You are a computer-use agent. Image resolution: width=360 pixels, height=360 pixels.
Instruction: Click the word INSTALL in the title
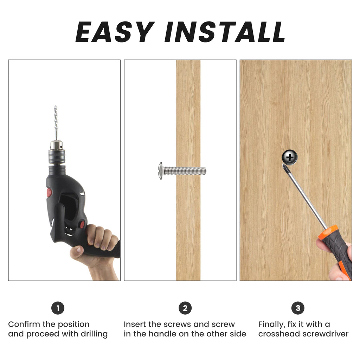[225, 32]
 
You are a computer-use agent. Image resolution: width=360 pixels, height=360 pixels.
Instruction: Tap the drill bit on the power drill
[55, 123]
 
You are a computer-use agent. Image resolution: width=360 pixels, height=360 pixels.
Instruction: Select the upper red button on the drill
[49, 192]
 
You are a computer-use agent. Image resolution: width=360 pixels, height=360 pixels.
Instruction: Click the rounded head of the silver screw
[161, 171]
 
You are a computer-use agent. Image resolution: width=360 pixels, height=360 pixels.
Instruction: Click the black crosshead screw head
[290, 157]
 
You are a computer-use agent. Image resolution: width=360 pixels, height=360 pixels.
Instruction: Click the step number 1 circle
[58, 308]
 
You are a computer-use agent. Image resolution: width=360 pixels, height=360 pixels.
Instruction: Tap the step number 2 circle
[185, 308]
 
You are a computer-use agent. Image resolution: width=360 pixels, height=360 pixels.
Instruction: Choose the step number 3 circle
[298, 308]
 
